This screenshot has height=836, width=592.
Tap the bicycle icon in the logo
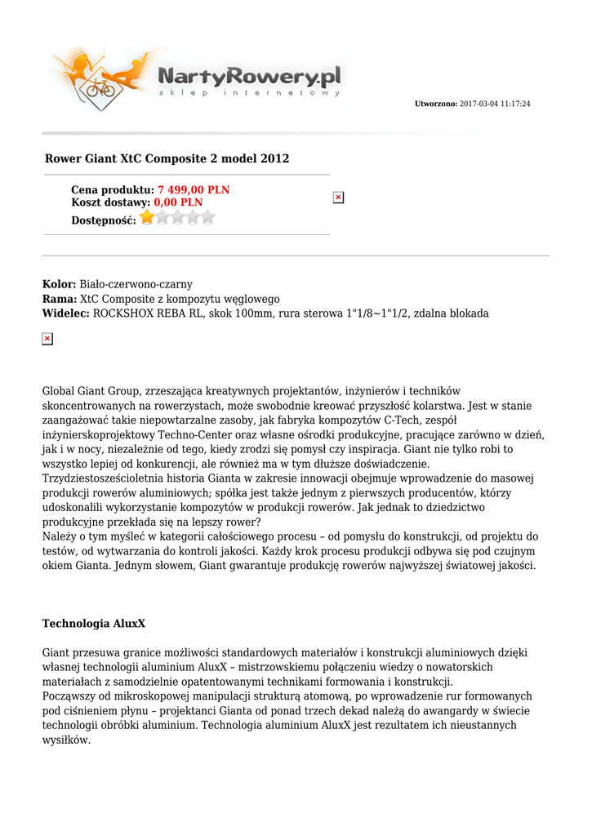point(101,87)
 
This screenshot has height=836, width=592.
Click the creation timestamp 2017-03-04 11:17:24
point(495,104)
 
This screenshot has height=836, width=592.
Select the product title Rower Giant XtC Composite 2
point(167,158)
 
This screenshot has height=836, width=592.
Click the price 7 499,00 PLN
point(194,190)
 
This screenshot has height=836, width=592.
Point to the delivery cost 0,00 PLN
point(178,202)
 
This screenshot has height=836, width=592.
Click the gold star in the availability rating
point(147,217)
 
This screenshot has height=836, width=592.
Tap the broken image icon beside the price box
point(338,198)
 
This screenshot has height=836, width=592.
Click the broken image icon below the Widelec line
point(47,339)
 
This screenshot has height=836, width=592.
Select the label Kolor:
point(59,285)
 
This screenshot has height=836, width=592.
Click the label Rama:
point(60,300)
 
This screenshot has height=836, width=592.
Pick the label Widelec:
point(66,313)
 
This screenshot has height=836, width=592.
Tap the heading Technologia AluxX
point(94,624)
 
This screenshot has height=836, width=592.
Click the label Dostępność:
point(104,220)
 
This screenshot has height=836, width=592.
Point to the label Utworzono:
point(436,104)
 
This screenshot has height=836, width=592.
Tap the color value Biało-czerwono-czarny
point(136,285)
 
